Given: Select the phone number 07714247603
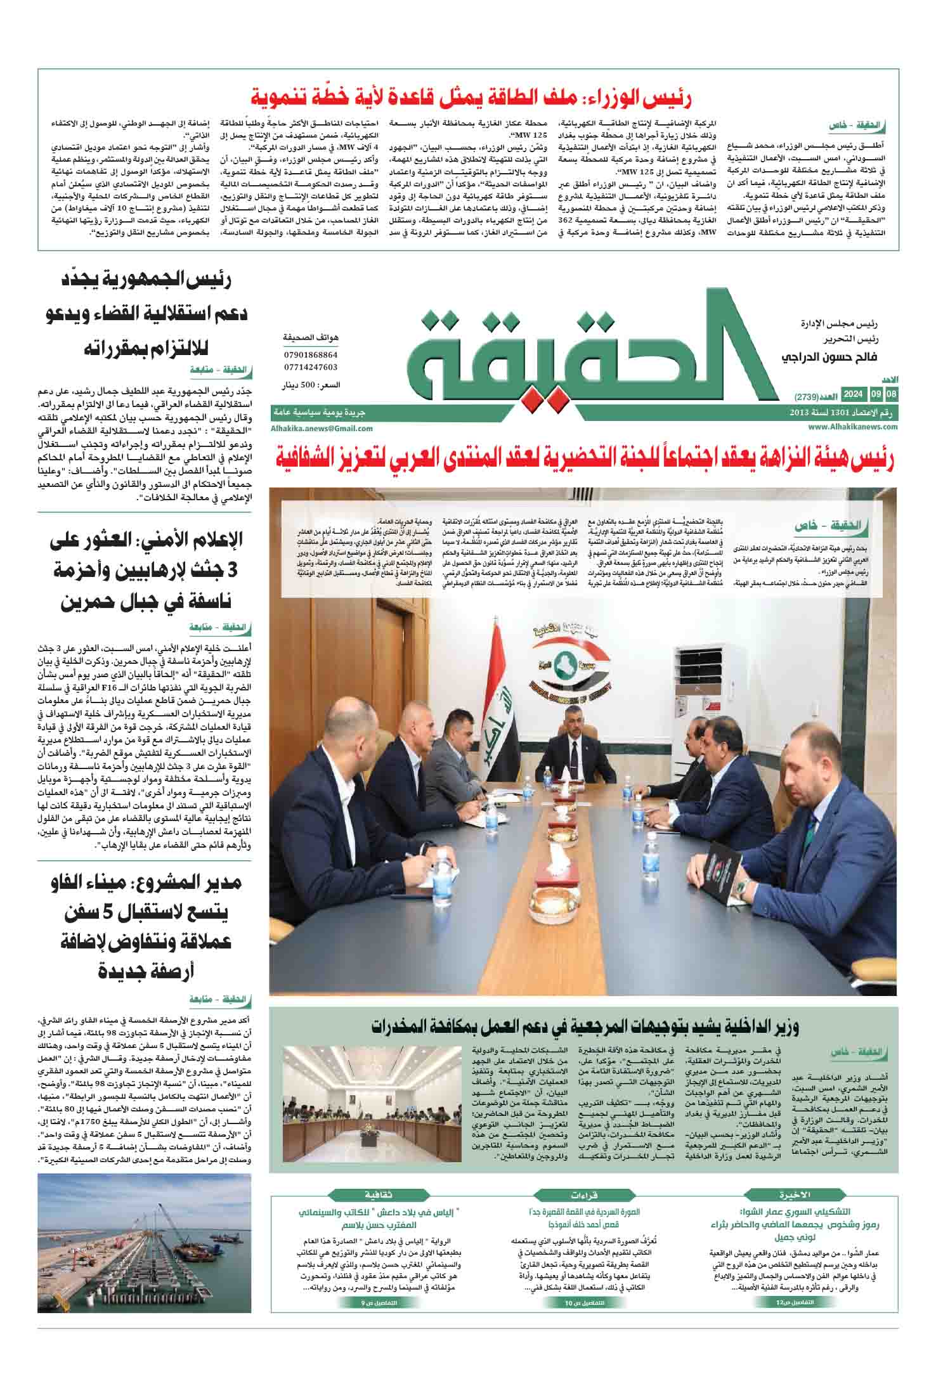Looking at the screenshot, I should pos(310,367).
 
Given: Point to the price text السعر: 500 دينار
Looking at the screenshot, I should pos(310,385).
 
